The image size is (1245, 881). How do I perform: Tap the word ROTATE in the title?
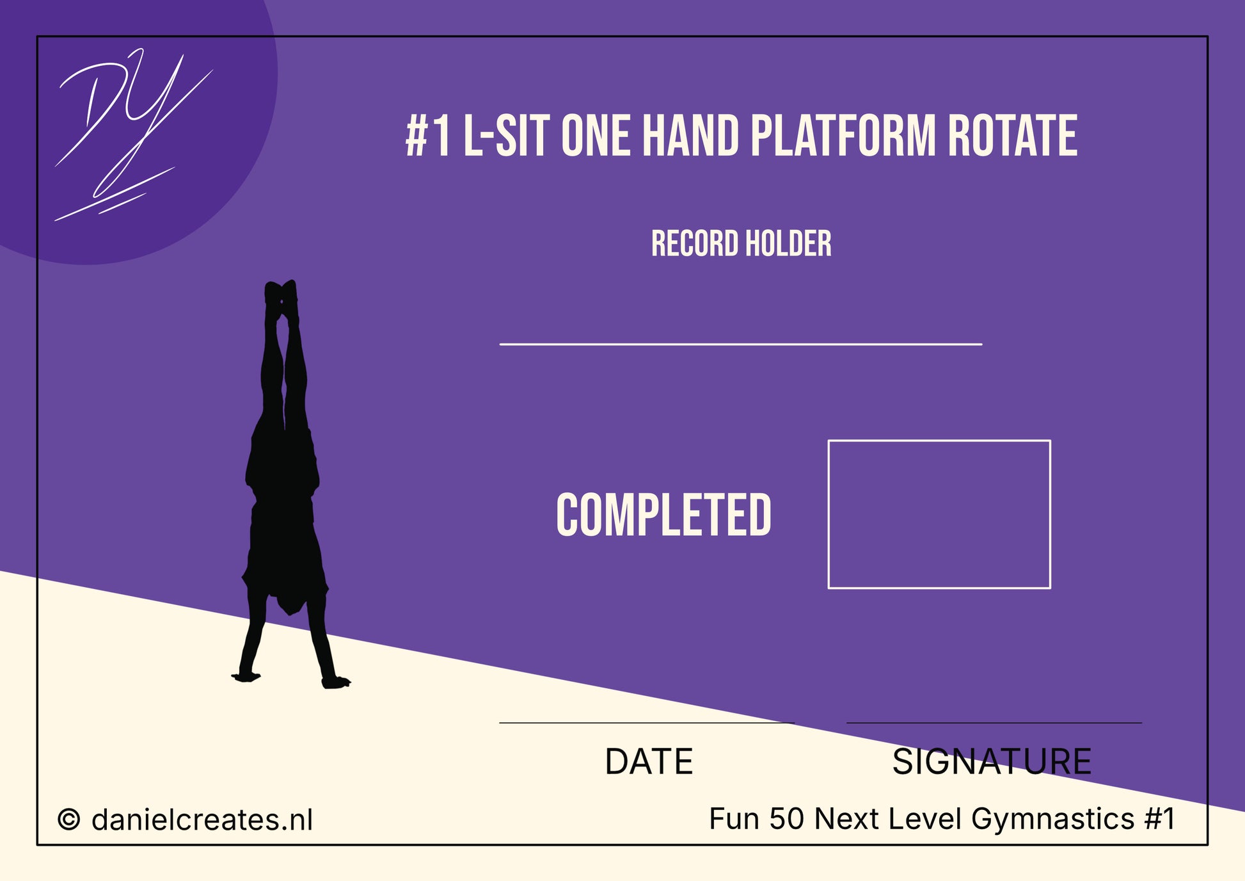click(1012, 136)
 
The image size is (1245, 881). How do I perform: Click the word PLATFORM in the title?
click(843, 136)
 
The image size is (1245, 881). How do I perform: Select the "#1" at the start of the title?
click(428, 136)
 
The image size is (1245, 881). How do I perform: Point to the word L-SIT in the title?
click(506, 136)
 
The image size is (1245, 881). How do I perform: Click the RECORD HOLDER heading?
click(741, 244)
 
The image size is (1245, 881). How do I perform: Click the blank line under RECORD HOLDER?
click(741, 344)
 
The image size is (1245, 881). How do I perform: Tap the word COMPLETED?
click(663, 515)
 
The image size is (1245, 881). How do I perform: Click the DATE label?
click(649, 761)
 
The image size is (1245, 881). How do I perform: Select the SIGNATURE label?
click(992, 761)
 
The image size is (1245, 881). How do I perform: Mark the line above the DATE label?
click(647, 723)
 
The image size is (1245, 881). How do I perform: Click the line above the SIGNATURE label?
click(994, 723)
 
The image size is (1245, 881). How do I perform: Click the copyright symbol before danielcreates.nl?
click(69, 820)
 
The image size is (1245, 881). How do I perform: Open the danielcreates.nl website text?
click(202, 820)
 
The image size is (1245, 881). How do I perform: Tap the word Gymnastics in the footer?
click(1052, 819)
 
